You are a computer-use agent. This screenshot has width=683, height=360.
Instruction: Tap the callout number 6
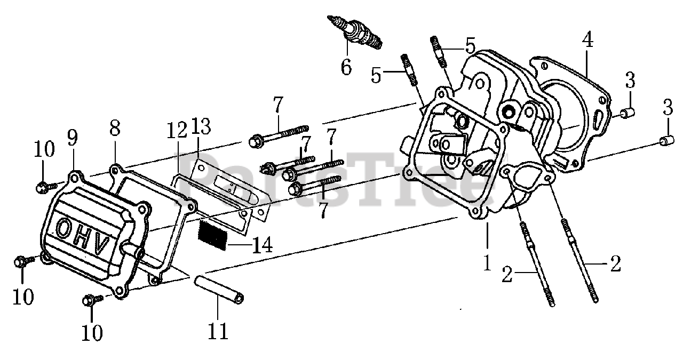tap(346, 68)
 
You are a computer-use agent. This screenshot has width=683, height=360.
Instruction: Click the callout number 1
tap(487, 262)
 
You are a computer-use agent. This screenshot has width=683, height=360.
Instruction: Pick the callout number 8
tap(115, 128)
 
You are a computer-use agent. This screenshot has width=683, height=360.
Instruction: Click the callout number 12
tap(177, 130)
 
